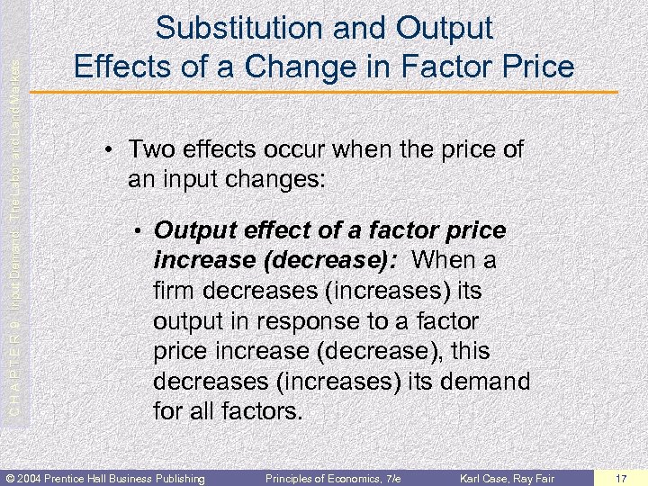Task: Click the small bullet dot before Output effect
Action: point(139,232)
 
